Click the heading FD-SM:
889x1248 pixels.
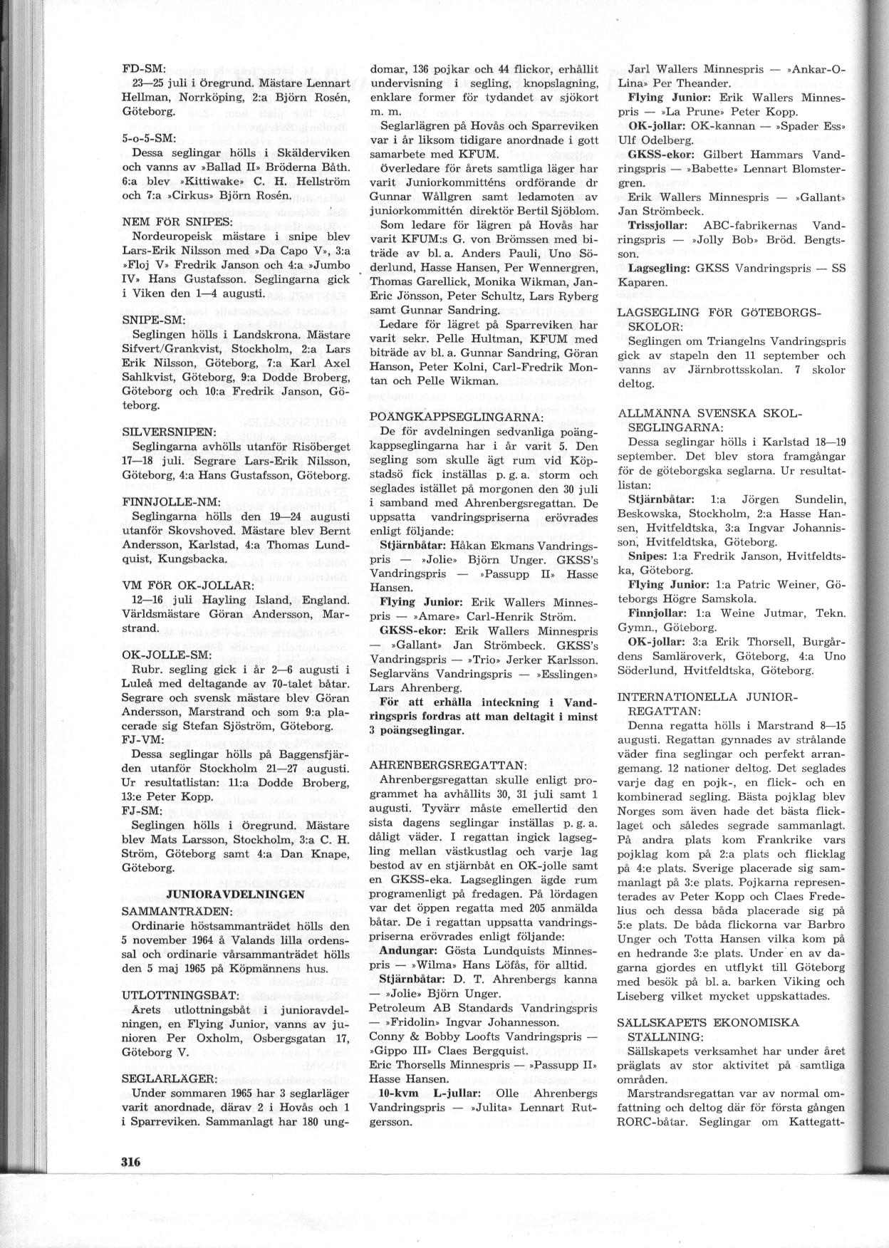144,69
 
